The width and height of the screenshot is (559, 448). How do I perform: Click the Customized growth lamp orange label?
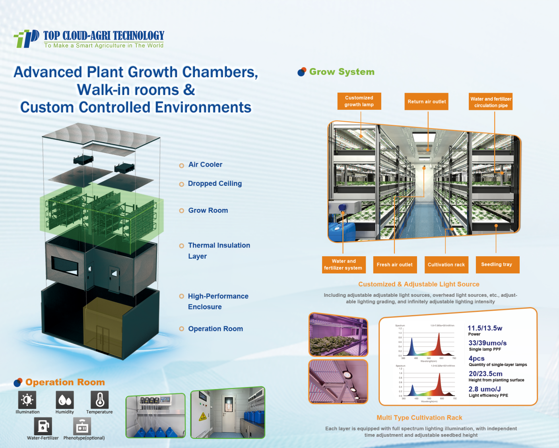pyautogui.click(x=359, y=101)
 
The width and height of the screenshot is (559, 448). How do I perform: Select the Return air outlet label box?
pyautogui.click(x=427, y=101)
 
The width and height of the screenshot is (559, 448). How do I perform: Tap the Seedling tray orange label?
pyautogui.click(x=497, y=265)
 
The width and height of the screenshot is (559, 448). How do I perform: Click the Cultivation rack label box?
pyautogui.click(x=446, y=265)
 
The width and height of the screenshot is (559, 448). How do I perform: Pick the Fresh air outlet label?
pyautogui.click(x=394, y=265)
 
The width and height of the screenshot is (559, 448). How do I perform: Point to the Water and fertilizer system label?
pyautogui.click(x=343, y=265)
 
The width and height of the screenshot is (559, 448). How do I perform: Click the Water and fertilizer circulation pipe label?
pyautogui.click(x=491, y=102)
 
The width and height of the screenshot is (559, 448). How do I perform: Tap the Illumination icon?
pyautogui.click(x=27, y=399)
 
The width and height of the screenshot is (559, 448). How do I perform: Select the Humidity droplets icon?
pyautogui.click(x=65, y=399)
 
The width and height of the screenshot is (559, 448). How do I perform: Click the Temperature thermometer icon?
pyautogui.click(x=99, y=399)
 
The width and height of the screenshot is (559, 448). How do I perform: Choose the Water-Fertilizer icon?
pyautogui.click(x=43, y=426)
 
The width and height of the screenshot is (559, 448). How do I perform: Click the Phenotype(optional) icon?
pyautogui.click(x=82, y=426)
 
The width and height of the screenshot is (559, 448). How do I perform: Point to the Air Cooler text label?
pyautogui.click(x=205, y=165)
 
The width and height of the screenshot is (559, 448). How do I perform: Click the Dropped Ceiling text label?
pyautogui.click(x=215, y=183)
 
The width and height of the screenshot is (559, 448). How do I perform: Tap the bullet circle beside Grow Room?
pyautogui.click(x=182, y=211)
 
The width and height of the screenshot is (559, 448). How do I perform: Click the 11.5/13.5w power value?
pyautogui.click(x=485, y=328)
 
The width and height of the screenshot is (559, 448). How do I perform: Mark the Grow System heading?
pyautogui.click(x=342, y=72)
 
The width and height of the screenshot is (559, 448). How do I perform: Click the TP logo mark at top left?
pyautogui.click(x=27, y=39)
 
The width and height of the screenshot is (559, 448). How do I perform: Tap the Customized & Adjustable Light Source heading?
pyautogui.click(x=419, y=284)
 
